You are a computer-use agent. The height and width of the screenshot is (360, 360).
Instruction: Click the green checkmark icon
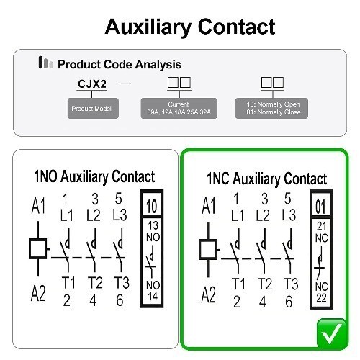(332, 333)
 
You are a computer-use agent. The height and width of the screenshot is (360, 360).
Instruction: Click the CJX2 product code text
(92, 84)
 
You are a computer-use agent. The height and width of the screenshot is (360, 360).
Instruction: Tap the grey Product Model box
(93, 108)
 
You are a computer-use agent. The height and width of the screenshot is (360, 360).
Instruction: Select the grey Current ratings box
(179, 108)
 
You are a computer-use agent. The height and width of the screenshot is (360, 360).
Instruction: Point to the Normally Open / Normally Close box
(271, 108)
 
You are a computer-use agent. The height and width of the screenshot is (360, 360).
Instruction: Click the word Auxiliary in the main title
(148, 27)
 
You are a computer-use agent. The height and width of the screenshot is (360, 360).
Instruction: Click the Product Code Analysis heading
(120, 64)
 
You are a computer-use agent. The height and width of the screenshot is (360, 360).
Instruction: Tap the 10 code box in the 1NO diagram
(152, 204)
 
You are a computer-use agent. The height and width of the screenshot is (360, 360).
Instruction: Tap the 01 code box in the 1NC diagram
(321, 204)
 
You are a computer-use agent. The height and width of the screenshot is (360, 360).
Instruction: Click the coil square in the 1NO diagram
(37, 248)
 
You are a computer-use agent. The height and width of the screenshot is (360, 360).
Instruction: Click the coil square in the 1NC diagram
(208, 249)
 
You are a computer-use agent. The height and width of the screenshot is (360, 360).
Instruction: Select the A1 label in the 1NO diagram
(38, 206)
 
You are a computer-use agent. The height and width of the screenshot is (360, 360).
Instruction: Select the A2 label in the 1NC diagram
(208, 294)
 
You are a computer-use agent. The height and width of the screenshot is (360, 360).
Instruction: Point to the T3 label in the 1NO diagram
(122, 282)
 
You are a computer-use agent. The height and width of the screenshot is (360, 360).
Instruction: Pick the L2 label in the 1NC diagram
(263, 215)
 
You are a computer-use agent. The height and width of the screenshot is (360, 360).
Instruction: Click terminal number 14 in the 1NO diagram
(153, 297)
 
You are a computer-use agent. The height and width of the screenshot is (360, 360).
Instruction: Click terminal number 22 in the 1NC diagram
(322, 298)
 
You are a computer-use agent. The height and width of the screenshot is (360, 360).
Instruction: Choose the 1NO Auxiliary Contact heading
(94, 177)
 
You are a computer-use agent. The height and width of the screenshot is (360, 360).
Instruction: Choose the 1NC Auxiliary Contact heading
(266, 179)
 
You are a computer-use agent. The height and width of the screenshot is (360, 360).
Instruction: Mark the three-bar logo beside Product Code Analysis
(45, 63)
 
